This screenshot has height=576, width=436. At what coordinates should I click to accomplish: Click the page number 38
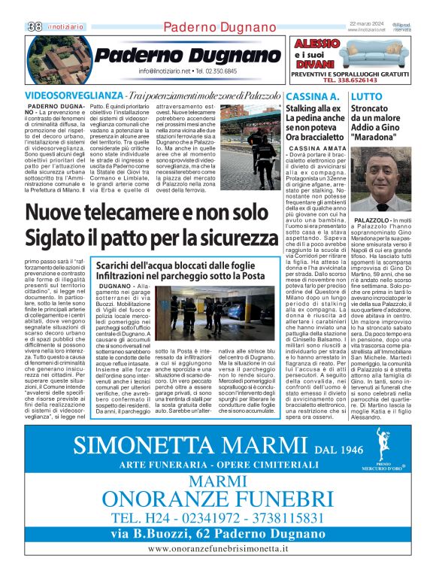35,26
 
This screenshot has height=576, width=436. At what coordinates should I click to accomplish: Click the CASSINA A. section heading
312,97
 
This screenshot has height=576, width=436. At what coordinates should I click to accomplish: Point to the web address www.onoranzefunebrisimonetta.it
218,550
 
